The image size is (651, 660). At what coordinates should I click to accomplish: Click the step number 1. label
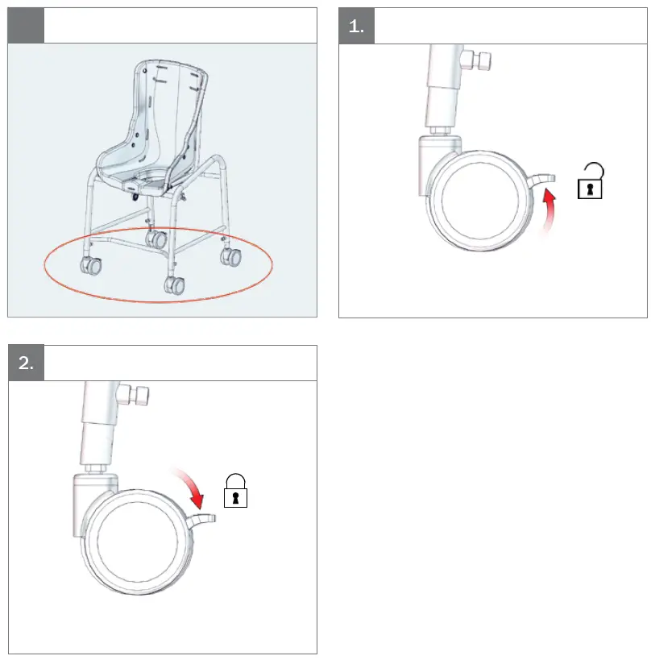coord(356,26)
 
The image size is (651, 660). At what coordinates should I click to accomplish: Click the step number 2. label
coord(26,363)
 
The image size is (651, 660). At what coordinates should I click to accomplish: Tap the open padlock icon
coord(591,183)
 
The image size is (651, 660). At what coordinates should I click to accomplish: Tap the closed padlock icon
coord(235,492)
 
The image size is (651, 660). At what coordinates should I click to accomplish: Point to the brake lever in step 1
coord(542,178)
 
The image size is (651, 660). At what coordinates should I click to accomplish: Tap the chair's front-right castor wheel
coord(173,285)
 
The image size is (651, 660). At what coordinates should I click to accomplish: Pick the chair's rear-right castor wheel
coord(232,257)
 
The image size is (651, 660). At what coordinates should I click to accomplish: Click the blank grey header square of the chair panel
coord(26,26)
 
